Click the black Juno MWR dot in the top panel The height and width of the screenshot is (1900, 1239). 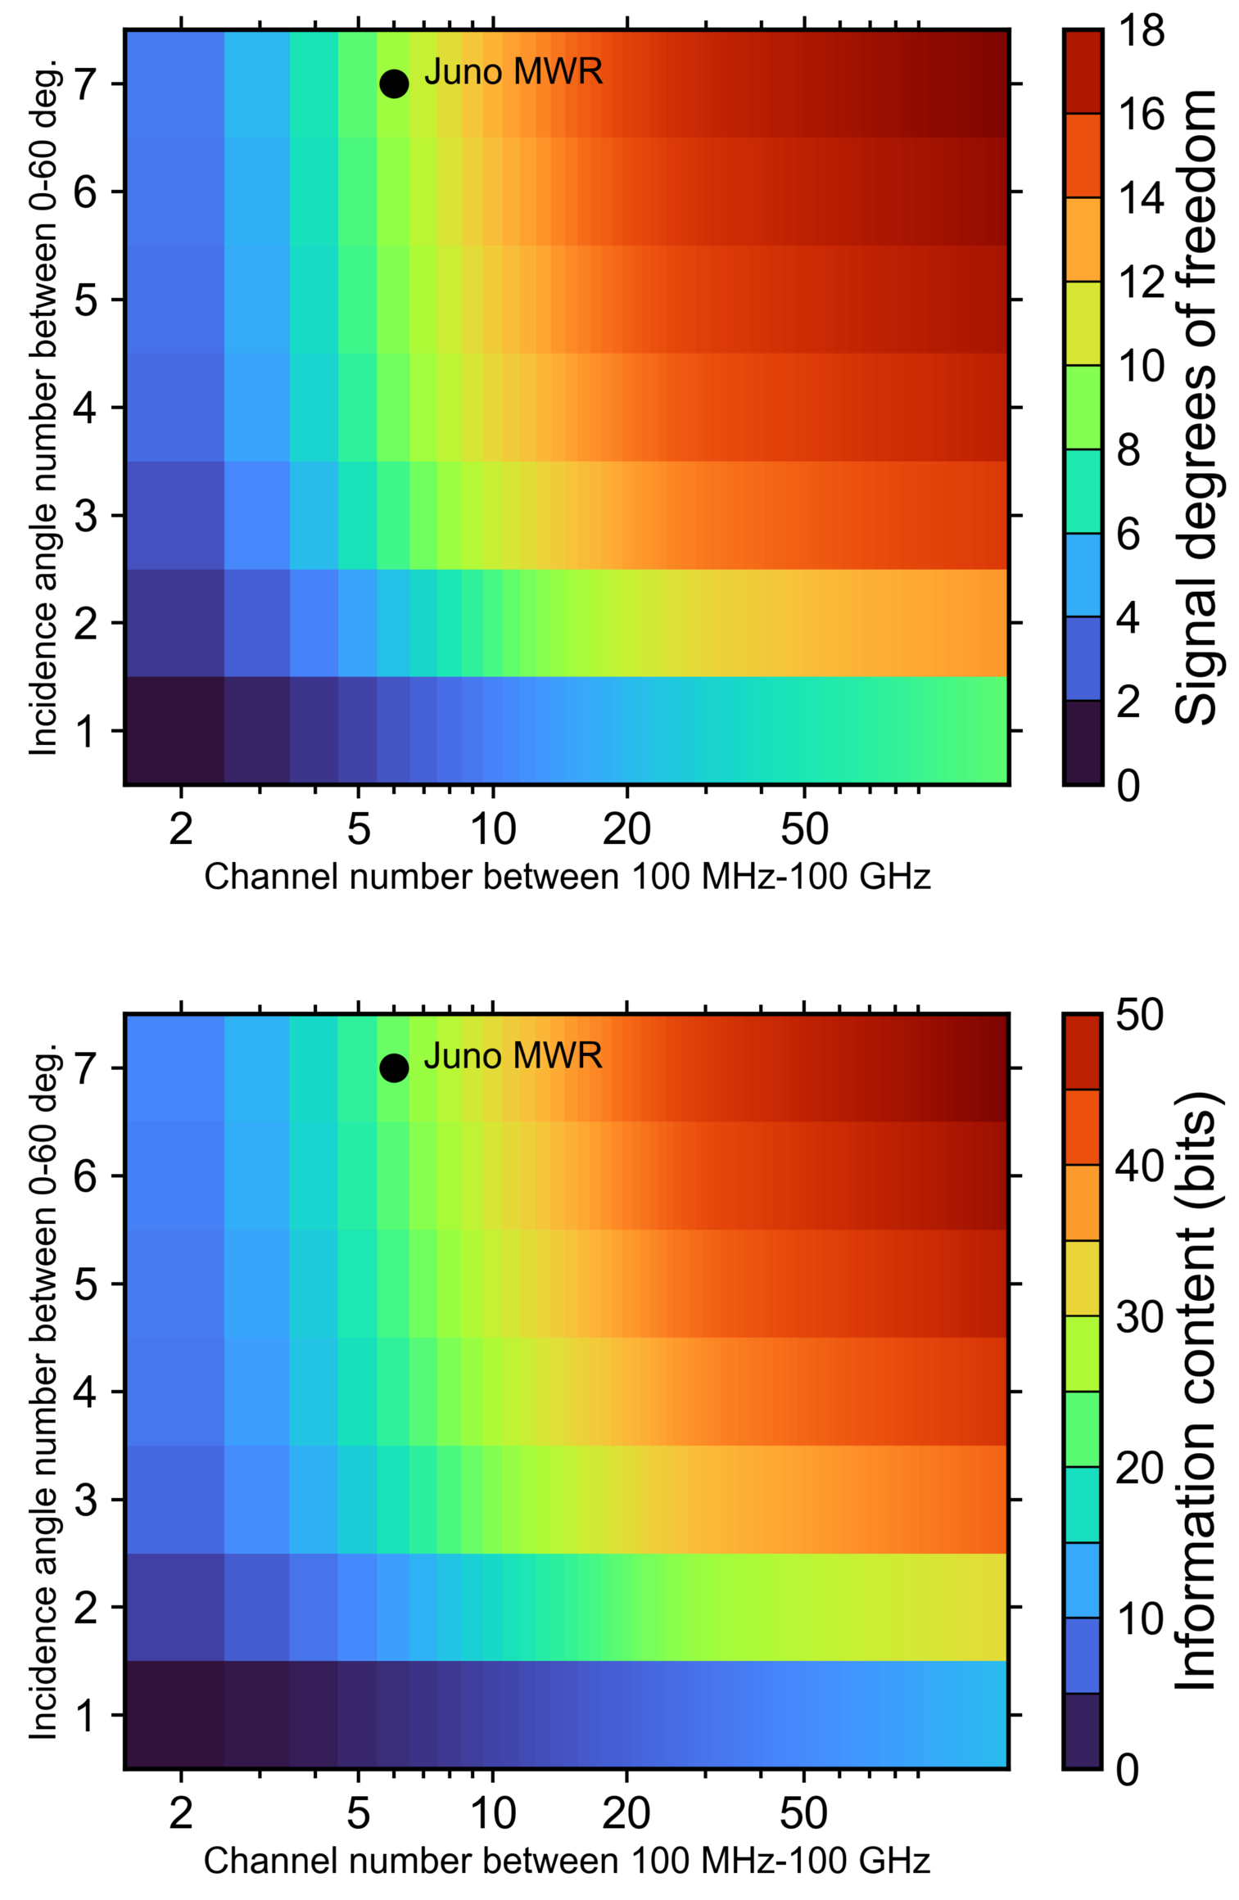(394, 83)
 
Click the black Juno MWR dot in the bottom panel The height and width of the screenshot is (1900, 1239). (394, 1067)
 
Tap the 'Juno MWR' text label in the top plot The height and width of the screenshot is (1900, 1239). (513, 72)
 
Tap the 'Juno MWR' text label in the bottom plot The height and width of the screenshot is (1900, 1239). (513, 1056)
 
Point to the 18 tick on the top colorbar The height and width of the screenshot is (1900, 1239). (1141, 31)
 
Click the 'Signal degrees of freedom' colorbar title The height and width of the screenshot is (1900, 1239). (1197, 407)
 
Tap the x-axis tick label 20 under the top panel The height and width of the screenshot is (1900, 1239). (626, 829)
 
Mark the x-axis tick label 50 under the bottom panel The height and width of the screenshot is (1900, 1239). (804, 1813)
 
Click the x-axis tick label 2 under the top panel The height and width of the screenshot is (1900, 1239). (181, 829)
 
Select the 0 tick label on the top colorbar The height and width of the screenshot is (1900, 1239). (1128, 785)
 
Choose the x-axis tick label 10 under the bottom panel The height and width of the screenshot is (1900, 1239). (493, 1813)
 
